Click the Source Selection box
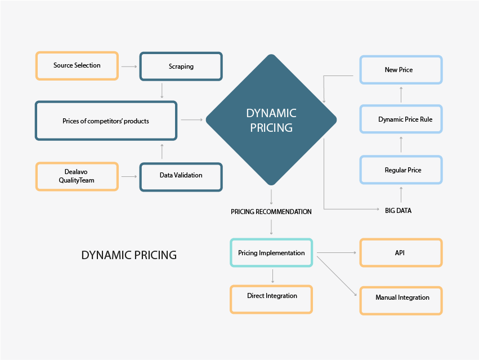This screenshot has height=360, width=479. point(77,65)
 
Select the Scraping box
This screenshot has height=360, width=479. point(181,66)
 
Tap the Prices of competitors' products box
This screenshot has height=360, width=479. point(106,121)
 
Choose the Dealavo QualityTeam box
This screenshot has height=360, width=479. point(77,176)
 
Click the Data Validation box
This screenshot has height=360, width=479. point(181,176)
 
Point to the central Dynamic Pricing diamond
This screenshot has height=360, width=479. point(271,120)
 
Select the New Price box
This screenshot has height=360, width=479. point(401,70)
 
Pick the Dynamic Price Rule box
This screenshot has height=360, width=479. point(401,119)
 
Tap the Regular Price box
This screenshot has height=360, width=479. point(401,170)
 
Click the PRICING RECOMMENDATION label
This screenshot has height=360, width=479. point(271,212)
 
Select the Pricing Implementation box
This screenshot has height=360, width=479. point(271,253)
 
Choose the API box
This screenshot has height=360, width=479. point(400,252)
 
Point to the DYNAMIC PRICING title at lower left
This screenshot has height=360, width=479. point(129,255)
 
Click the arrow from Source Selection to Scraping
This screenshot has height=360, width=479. point(129,66)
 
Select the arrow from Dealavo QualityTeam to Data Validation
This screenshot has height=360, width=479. point(129,176)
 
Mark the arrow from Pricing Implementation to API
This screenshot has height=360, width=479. point(335,253)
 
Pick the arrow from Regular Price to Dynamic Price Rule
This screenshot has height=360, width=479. point(401,145)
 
